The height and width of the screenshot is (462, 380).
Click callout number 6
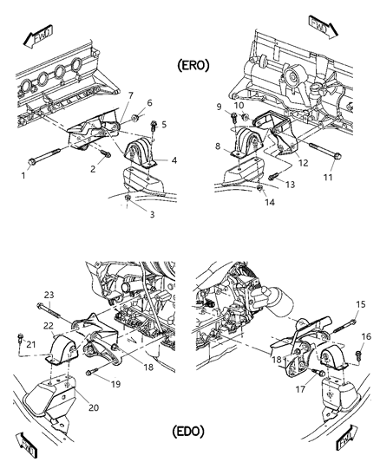(148, 102)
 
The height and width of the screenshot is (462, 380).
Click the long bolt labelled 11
(329, 163)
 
